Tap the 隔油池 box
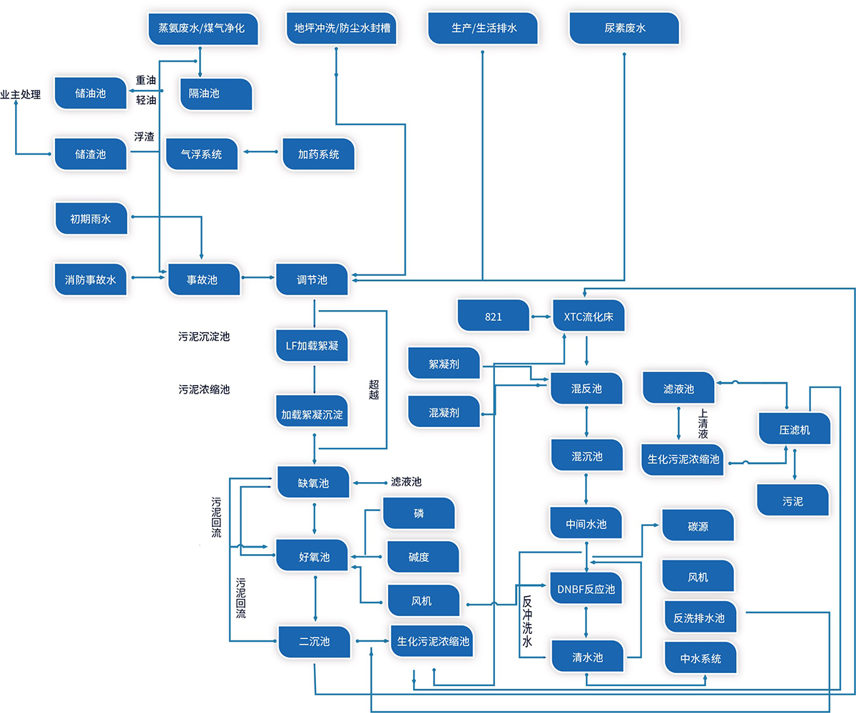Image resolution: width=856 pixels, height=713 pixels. (x=216, y=93)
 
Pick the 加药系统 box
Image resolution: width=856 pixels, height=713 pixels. (x=318, y=153)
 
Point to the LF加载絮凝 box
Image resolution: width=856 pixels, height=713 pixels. (x=312, y=347)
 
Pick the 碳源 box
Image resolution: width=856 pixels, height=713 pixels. (x=698, y=525)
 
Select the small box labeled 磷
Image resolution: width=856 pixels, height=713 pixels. (x=419, y=513)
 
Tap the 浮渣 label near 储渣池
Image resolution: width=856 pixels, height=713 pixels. (x=144, y=137)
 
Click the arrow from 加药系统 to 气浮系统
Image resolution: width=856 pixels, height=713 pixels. (x=260, y=152)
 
